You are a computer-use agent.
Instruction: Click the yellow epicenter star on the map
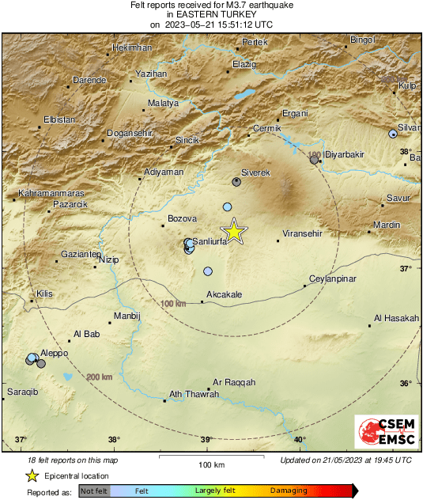click(234, 231)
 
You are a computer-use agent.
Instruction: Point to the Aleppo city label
click(55, 353)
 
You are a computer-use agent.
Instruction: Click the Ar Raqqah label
click(235, 381)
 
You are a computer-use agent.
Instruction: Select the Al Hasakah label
click(396, 318)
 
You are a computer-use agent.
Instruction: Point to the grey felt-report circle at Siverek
click(236, 182)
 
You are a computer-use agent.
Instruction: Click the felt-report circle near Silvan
click(392, 134)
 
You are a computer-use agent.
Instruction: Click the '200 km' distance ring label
click(100, 377)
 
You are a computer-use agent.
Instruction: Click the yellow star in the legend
click(32, 475)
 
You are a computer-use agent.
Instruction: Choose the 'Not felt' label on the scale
click(93, 491)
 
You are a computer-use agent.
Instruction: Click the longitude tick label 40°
click(300, 440)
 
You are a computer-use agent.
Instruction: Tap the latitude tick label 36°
click(406, 384)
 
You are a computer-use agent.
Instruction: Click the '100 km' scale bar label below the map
click(207, 464)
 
